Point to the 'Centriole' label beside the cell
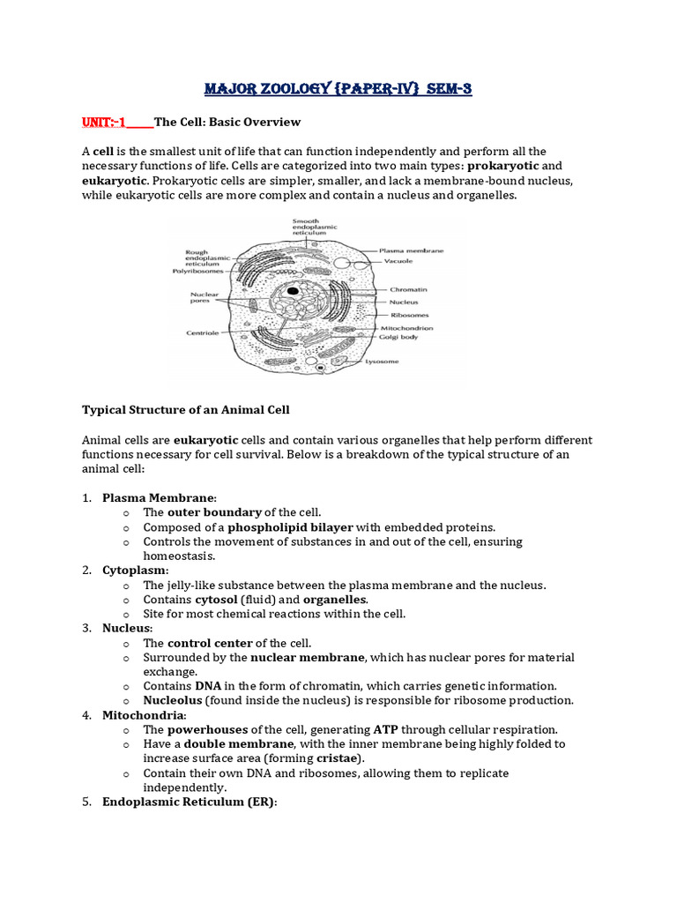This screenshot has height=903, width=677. click(x=202, y=333)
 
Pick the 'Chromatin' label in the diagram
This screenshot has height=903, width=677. click(x=402, y=288)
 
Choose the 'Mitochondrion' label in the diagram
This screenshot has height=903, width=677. click(x=405, y=327)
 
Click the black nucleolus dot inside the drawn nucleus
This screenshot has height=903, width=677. click(x=292, y=290)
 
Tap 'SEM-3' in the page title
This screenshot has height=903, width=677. click(x=444, y=89)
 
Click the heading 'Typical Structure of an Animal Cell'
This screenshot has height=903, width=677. click(x=186, y=410)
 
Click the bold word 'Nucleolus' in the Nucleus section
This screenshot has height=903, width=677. click(x=173, y=700)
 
